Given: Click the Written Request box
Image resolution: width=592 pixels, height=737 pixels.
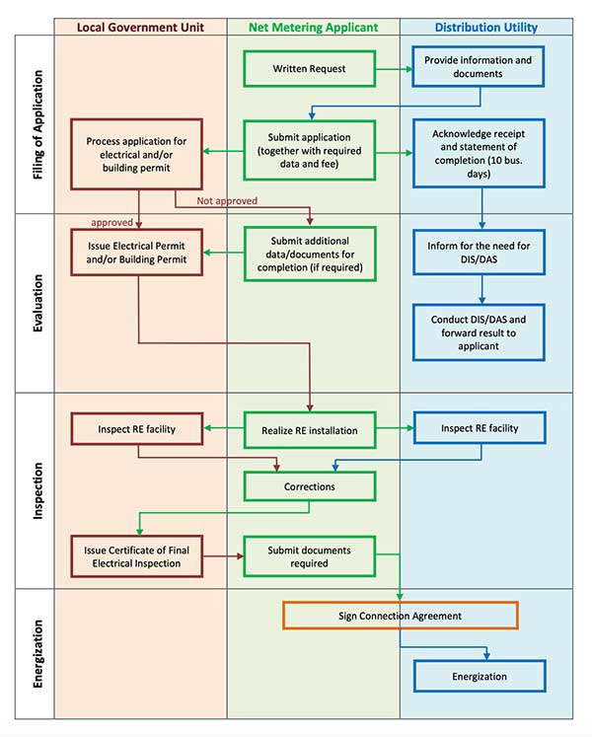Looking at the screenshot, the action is pos(310,69).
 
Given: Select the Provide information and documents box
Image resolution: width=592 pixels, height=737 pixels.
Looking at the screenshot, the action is pos(479,66).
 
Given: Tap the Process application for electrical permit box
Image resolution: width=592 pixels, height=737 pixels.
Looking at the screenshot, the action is pos(136,154).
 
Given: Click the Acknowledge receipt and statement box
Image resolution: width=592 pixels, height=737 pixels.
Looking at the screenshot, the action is pos(479,153).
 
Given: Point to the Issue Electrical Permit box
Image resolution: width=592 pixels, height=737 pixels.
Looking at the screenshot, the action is pos(136,253).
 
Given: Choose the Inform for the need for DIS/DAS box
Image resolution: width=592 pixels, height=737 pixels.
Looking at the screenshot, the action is pos(479,253).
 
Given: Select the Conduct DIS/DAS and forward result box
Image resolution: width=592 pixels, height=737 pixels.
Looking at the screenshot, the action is pos(479,332).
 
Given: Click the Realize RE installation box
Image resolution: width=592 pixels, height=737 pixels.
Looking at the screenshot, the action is pos(310,430).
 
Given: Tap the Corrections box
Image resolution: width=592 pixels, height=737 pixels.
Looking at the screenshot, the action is pos(310,486).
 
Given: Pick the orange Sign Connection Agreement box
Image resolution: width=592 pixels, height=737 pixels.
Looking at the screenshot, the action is pos(401,616).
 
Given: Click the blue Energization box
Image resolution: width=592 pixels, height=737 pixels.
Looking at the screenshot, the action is pos(480,676).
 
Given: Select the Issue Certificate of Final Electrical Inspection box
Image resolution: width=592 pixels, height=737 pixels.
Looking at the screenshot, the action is pos(136,556).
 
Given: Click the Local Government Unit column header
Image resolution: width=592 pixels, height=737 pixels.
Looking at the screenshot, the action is pos(140,28).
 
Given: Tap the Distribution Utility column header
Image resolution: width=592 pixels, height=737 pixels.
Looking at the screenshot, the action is pos(486,28).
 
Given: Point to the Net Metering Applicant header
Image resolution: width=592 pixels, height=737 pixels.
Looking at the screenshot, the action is pos(313,28).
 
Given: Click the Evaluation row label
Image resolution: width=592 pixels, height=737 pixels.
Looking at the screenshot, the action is pos(37,303).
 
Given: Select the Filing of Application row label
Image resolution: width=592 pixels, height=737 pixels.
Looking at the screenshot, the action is pos(37,124).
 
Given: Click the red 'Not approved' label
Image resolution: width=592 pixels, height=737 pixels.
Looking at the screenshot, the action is pos(227,200).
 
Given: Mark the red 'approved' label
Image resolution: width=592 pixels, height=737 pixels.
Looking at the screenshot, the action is pos(111,222).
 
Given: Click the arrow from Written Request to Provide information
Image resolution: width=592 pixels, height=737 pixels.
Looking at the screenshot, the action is pos(395,69).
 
